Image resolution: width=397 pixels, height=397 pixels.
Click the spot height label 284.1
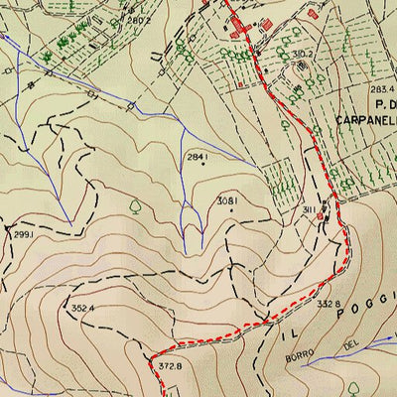[198, 156]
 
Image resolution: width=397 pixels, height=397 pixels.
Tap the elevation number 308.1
[227, 200]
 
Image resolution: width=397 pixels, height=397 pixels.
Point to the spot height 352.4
[82, 308]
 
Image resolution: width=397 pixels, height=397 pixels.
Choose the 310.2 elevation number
[304, 54]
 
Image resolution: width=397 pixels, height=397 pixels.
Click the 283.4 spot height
[380, 90]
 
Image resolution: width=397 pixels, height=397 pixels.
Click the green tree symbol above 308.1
[134, 207]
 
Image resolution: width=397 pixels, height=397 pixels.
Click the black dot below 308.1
[231, 209]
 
